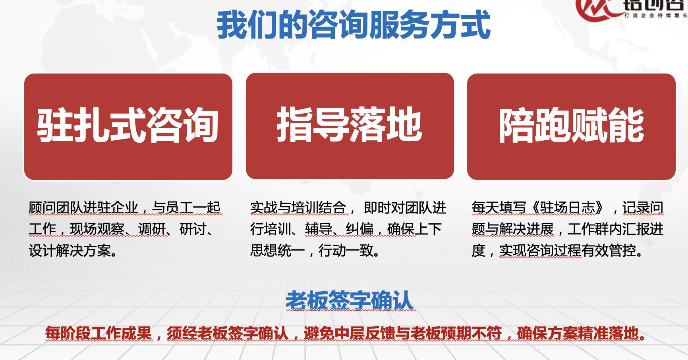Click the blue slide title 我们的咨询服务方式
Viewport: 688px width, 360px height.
pyautogui.click(x=354, y=25)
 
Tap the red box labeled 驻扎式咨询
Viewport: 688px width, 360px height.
pyautogui.click(x=128, y=126)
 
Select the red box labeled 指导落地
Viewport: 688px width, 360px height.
pyautogui.click(x=350, y=126)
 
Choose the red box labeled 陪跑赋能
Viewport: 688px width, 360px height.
pyautogui.click(x=571, y=126)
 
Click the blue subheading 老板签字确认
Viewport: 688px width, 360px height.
pyautogui.click(x=350, y=300)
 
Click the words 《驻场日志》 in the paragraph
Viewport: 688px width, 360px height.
pyautogui.click(x=567, y=207)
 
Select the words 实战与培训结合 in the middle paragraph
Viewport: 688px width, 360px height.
pyautogui.click(x=298, y=207)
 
